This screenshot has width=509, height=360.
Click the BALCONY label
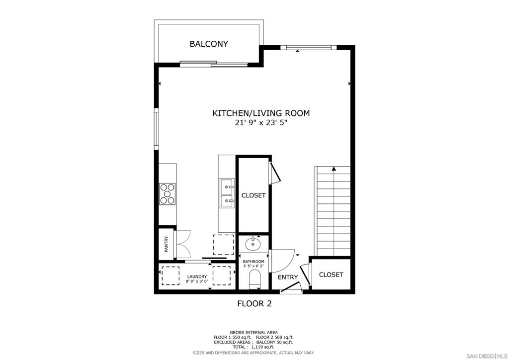click(x=209, y=44)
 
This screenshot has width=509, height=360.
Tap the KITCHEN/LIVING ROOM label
click(x=261, y=113)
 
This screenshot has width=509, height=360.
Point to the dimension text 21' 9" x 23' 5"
click(x=261, y=123)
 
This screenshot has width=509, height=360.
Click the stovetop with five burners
click(x=167, y=194)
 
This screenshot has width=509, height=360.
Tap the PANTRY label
click(x=166, y=244)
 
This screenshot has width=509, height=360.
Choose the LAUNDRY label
click(x=197, y=276)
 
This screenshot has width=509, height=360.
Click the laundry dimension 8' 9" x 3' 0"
click(x=197, y=281)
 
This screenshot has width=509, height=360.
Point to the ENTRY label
click(x=288, y=277)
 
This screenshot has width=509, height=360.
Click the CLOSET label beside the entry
click(x=331, y=274)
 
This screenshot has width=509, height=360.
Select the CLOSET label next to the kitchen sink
click(x=254, y=195)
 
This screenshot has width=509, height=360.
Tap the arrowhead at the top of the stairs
click(x=334, y=169)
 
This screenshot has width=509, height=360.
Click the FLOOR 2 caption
click(x=254, y=304)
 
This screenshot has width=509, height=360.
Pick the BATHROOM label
click(x=254, y=262)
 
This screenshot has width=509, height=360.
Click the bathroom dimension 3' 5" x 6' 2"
click(x=254, y=266)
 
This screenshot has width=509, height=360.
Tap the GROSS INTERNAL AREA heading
click(x=254, y=333)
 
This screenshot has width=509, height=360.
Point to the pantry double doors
click(x=182, y=245)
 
